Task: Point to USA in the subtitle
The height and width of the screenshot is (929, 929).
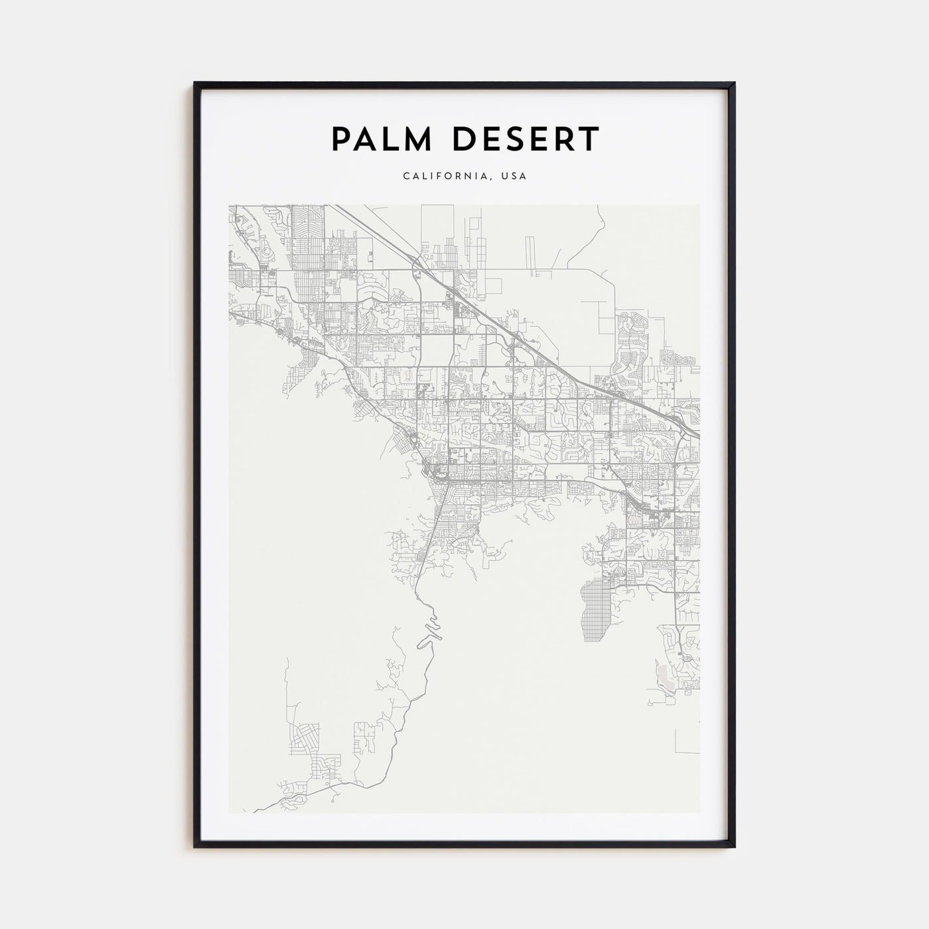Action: pos(514,177)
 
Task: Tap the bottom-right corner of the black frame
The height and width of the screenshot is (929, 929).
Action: pos(734,847)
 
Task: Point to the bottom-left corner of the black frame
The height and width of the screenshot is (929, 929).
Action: pos(195,847)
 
